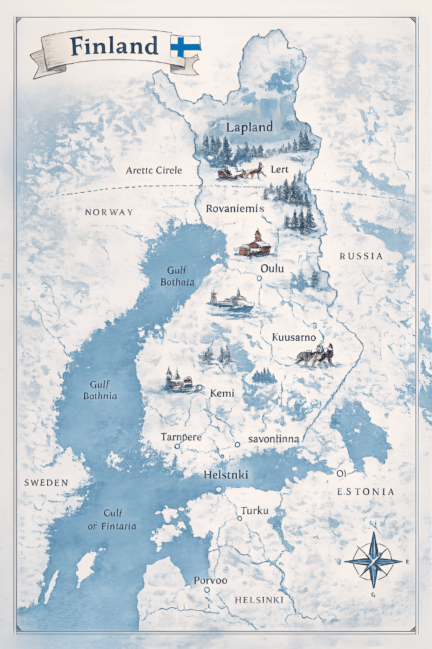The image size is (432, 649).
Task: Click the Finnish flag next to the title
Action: point(186,47)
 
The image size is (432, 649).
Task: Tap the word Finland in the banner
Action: point(114,46)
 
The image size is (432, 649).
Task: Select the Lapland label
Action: point(249,127)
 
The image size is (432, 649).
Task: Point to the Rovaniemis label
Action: point(235,209)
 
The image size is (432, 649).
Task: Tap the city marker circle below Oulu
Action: point(259,278)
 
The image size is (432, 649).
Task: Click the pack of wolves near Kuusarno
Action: point(315,357)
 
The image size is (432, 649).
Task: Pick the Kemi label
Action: point(222,394)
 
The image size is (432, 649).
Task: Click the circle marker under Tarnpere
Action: point(177,446)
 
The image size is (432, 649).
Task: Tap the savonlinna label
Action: point(274,439)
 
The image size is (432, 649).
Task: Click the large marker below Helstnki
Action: point(219,490)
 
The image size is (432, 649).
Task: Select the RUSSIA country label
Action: point(361,256)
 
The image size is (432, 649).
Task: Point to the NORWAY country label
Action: point(109,212)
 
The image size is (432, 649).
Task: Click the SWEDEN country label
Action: point(46,483)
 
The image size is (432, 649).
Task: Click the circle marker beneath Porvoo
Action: point(207,590)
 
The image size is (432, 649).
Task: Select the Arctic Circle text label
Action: point(154,170)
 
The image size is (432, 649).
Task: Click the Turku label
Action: point(255,511)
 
